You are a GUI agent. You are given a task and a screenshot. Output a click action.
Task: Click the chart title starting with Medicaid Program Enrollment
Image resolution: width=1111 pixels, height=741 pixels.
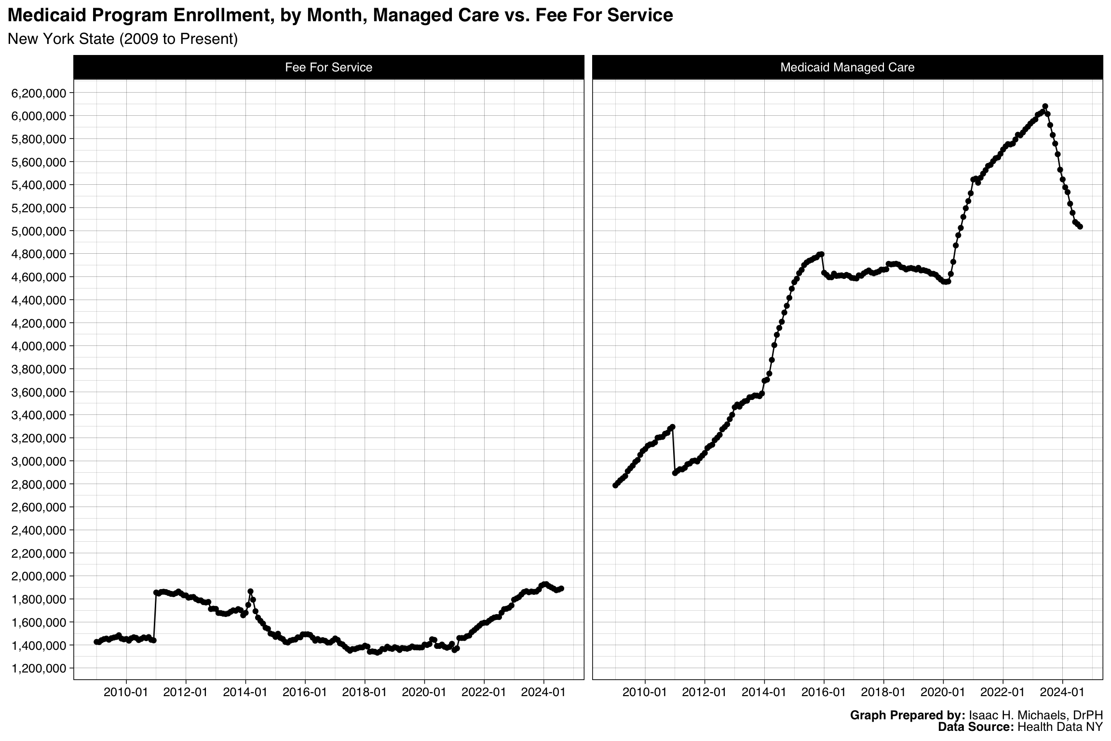coord(340,15)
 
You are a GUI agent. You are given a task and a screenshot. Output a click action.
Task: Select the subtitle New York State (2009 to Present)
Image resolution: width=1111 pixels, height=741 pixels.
coord(123,39)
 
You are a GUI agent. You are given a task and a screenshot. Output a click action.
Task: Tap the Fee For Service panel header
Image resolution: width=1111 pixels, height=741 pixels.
coord(328,67)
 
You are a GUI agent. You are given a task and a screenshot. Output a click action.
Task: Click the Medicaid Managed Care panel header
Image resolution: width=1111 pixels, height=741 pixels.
coord(847,67)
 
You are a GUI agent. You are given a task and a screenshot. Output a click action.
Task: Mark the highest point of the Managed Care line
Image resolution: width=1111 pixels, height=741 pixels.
coord(1045,106)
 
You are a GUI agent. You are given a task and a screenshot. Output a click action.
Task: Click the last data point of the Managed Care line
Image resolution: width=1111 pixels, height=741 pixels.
coord(1080,226)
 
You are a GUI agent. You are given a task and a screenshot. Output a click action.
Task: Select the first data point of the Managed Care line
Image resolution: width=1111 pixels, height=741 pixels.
coord(615,485)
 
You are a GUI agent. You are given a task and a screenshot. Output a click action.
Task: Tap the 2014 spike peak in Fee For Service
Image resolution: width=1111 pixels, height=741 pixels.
coord(250,591)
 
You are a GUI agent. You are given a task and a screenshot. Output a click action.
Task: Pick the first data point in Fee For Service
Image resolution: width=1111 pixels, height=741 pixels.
coord(96,642)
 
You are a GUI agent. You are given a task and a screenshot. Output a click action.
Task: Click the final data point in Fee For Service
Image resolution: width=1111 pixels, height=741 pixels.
coord(561,589)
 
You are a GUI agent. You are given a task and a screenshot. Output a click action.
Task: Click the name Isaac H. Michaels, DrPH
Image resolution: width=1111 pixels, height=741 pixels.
coord(1035,715)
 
